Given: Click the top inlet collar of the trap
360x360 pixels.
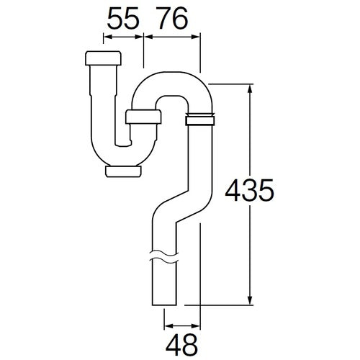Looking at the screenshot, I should click(102, 58).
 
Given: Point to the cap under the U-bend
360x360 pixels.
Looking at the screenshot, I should click(122, 170).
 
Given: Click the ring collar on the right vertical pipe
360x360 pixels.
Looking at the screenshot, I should click(200, 120).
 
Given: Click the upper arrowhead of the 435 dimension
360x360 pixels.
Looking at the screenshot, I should click(250, 88).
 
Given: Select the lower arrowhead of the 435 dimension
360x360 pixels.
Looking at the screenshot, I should click(250, 302).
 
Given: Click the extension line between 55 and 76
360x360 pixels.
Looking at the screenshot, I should click(145, 50).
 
